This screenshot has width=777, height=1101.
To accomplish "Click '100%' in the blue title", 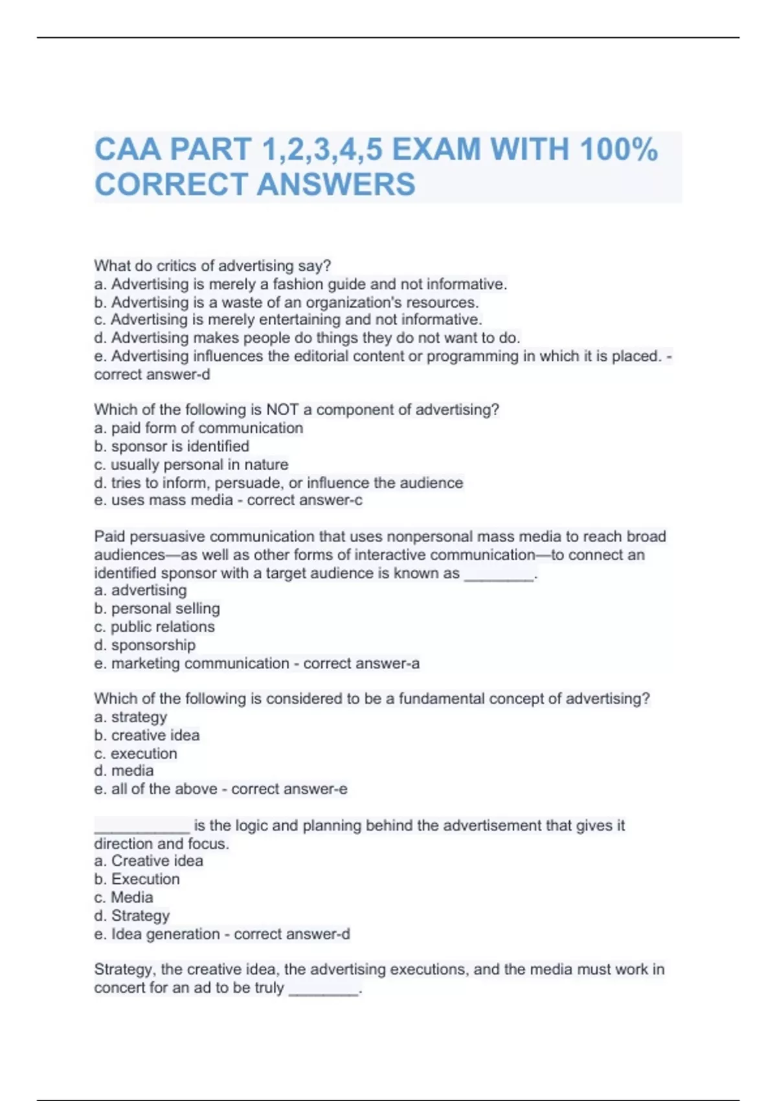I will click(x=619, y=150).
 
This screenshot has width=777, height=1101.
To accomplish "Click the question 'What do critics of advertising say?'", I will click(x=212, y=266).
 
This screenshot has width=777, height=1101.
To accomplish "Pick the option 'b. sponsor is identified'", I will click(x=172, y=446).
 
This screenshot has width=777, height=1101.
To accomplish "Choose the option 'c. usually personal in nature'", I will click(x=191, y=464).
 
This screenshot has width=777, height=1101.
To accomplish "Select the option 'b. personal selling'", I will click(x=157, y=609).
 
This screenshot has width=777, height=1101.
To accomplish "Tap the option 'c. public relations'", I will click(x=154, y=627).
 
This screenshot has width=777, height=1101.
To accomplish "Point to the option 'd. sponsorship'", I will click(x=144, y=645).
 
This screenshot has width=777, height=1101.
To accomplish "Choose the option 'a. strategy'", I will click(x=130, y=717).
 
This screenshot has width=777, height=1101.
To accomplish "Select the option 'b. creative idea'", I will click(x=147, y=735).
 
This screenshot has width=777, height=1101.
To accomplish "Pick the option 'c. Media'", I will click(x=124, y=898).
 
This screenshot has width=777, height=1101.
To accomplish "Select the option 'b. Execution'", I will click(x=137, y=880).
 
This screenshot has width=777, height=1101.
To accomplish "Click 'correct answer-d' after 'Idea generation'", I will click(x=292, y=934).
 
